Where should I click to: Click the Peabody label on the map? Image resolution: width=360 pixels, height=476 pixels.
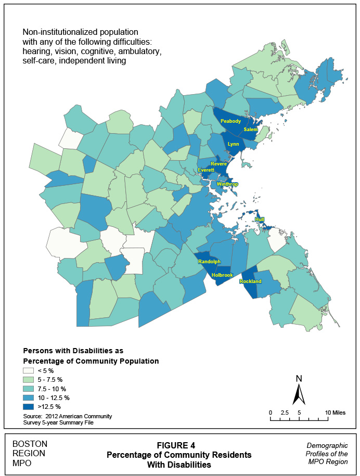coord(230,121)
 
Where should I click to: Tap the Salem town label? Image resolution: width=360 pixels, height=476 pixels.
coord(251,129)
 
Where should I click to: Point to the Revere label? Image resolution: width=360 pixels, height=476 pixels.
coord(218,163)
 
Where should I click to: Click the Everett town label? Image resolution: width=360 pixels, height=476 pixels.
coord(206,170)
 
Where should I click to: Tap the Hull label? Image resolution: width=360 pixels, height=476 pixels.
coord(259,220)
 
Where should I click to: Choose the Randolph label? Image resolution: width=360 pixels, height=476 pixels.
coord(209,262)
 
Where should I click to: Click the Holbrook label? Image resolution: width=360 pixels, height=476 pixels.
coord(223,275)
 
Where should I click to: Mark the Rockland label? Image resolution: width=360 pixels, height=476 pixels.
coord(250,281)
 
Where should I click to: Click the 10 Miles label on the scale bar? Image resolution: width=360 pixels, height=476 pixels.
coord(335,413)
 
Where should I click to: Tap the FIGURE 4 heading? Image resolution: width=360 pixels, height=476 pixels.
coord(179,445)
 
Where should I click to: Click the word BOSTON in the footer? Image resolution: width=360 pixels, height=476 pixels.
coord(30,444)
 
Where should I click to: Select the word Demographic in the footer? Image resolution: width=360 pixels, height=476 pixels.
coord(327,446)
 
